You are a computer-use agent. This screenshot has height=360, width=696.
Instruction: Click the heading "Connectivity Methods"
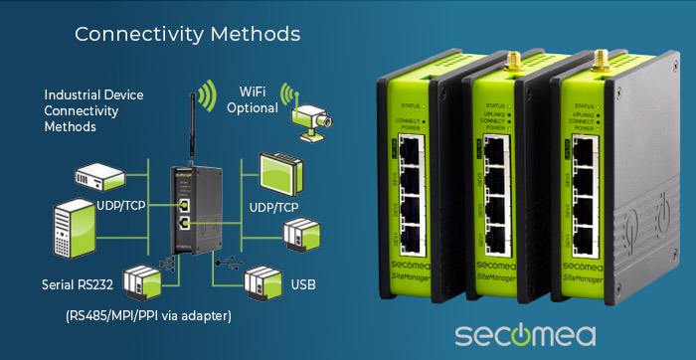(x=187, y=34)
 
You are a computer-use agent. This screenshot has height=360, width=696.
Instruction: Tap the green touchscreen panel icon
(x=281, y=172)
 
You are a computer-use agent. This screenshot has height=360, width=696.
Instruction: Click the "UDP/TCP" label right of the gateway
(x=273, y=206)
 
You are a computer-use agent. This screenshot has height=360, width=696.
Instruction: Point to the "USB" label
(x=304, y=285)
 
